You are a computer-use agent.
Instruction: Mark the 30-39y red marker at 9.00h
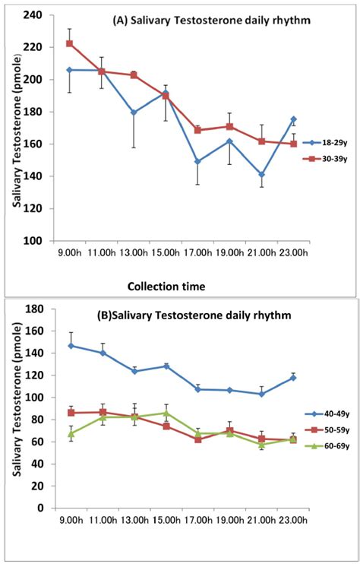[69, 43]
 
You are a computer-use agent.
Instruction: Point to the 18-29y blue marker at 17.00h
[197, 161]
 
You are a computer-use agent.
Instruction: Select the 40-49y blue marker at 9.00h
[71, 345]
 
